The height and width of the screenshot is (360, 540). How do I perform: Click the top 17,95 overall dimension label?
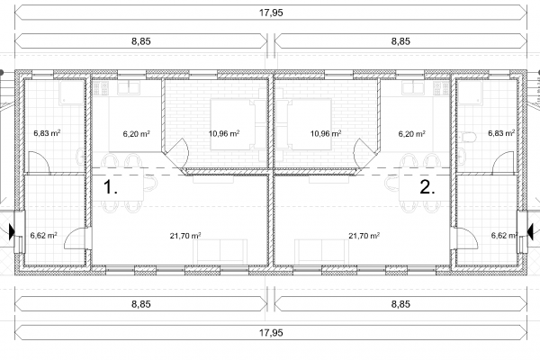271,13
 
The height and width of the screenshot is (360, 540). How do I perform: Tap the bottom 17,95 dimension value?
271,332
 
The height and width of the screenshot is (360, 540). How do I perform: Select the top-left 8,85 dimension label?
141,41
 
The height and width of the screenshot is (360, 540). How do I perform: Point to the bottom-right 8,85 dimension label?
400,304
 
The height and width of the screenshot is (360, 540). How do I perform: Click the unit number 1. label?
111,187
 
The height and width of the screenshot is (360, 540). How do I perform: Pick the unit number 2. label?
427,187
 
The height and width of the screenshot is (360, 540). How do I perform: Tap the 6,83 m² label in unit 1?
47,133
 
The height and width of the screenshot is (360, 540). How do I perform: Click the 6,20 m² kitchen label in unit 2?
412,133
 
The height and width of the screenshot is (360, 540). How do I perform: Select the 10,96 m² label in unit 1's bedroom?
224,133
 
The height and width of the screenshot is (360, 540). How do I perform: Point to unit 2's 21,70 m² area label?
364,236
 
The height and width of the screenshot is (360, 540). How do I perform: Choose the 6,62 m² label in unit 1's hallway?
44,235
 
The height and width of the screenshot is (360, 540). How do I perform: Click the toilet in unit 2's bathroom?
467,137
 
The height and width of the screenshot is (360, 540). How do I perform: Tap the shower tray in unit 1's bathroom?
72,93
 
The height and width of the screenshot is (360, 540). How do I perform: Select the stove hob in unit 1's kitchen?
101,88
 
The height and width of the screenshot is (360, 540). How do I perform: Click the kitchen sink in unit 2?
413,88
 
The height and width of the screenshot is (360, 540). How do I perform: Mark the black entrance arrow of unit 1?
12,231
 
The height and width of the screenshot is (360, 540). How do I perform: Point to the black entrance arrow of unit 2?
530,231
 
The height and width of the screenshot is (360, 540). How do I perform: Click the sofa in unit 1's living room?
220,252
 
